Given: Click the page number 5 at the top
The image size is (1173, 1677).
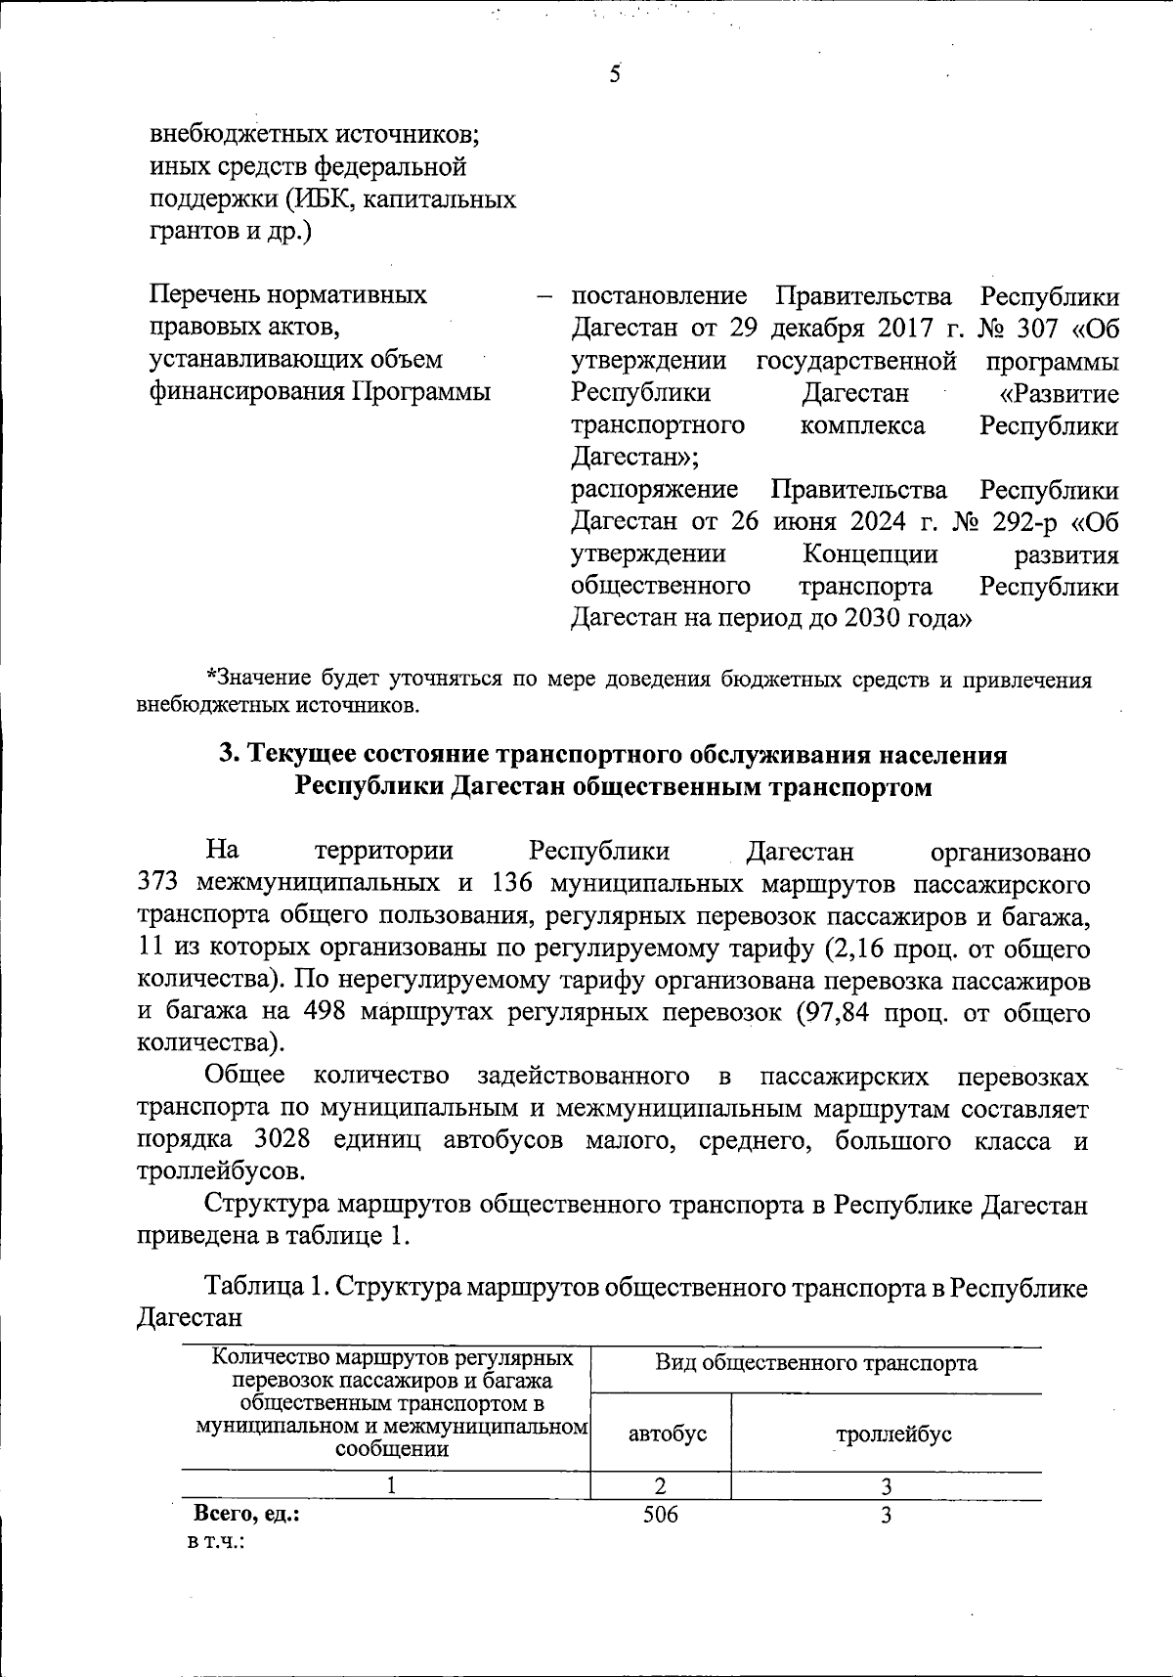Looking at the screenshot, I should pyautogui.click(x=615, y=73).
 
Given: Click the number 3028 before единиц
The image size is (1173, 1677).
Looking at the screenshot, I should pyautogui.click(x=282, y=1141).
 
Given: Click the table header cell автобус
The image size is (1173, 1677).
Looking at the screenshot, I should pyautogui.click(x=667, y=1434).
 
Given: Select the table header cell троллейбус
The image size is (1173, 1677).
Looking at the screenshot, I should pyautogui.click(x=893, y=1434).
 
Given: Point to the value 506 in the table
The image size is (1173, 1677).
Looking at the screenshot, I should pyautogui.click(x=661, y=1516).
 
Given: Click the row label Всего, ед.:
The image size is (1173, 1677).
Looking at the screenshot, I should pyautogui.click(x=246, y=1516).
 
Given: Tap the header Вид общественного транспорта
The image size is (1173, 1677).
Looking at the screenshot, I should pyautogui.click(x=815, y=1363).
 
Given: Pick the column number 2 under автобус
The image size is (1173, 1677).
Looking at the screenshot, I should pyautogui.click(x=661, y=1486).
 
